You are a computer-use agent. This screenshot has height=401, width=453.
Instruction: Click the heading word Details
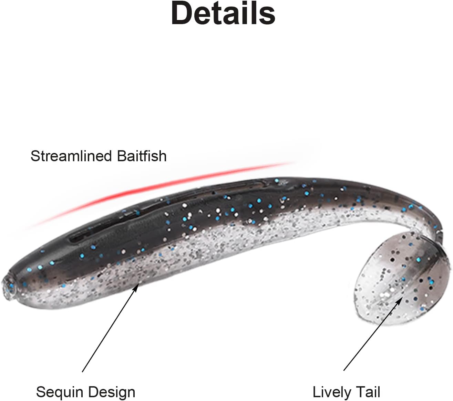[223, 14]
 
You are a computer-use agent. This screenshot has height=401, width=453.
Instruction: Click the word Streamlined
[71, 156]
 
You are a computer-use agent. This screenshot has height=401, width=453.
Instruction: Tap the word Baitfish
[142, 156]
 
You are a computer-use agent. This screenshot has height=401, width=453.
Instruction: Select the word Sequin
[59, 392]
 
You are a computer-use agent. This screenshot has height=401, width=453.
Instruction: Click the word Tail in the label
[368, 392]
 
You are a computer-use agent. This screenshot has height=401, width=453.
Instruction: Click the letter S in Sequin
[40, 392]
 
